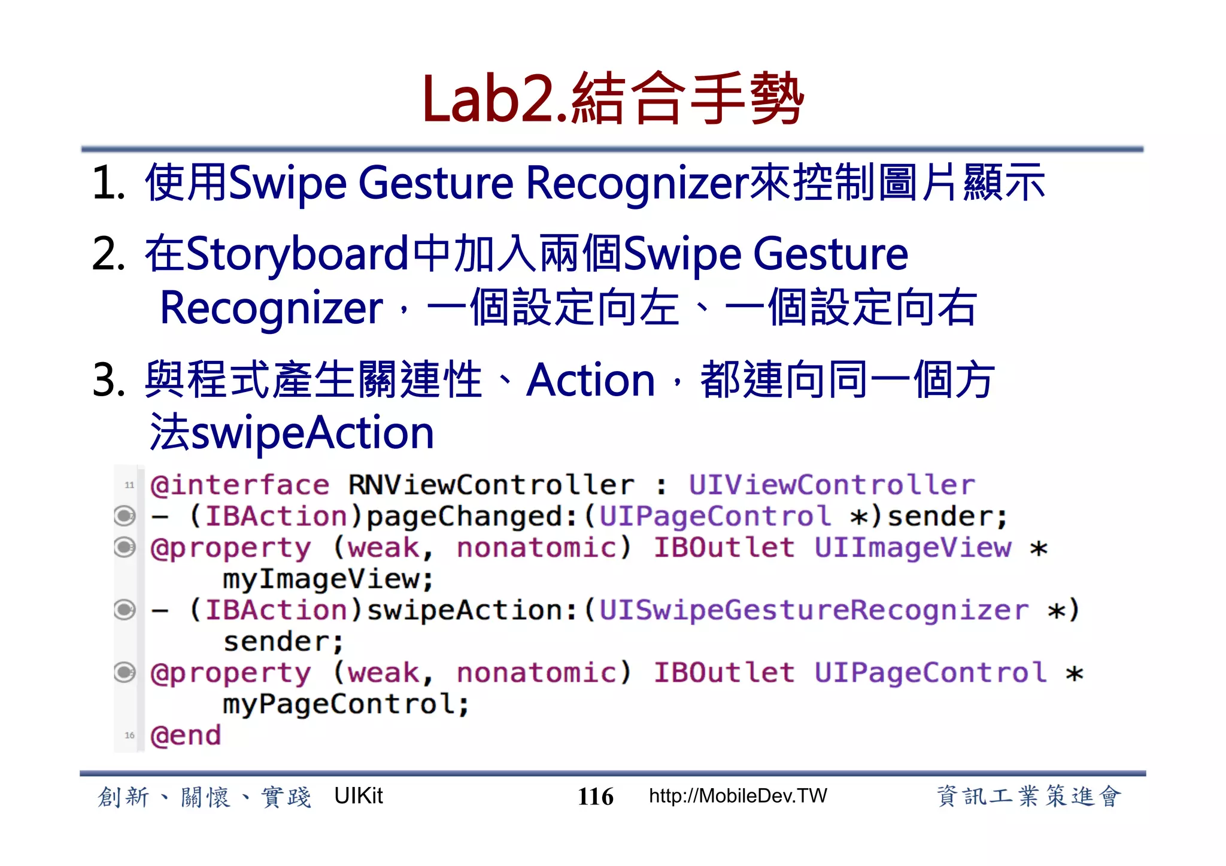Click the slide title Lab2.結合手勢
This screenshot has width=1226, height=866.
(612, 99)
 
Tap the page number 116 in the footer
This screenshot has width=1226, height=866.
(595, 797)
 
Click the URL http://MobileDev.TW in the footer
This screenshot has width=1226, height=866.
(738, 796)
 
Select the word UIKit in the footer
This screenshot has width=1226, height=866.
(358, 796)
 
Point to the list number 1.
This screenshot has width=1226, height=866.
(108, 183)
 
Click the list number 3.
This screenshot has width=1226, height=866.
(108, 380)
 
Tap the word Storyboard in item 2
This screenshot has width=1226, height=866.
(298, 254)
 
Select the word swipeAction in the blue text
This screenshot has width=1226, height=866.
(312, 433)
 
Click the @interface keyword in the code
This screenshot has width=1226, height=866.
(239, 485)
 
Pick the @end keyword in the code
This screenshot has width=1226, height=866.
(186, 736)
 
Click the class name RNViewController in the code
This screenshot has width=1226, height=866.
(491, 485)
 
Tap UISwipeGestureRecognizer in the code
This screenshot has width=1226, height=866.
(814, 610)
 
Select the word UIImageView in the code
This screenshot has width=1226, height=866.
(913, 548)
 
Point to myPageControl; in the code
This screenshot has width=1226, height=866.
(346, 704)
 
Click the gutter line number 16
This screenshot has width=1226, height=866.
(129, 736)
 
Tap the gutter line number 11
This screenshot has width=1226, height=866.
(129, 485)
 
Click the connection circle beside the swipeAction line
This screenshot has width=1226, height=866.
(125, 610)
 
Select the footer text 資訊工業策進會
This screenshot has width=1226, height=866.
(1028, 797)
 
